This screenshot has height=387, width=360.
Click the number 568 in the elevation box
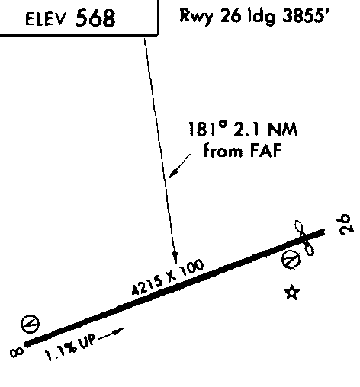[x=95, y=18]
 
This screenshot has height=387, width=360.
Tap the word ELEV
[x=45, y=19]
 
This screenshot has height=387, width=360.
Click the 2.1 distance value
[x=246, y=129]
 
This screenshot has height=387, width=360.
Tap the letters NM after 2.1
[x=282, y=129]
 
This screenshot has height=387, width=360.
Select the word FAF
[x=266, y=150]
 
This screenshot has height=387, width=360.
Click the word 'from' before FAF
[x=223, y=150]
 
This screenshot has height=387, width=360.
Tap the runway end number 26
[x=346, y=225]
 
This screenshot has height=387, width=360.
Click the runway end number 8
[x=17, y=353]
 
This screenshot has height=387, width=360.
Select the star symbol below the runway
[x=291, y=293]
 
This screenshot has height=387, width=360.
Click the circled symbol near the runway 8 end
[x=30, y=324]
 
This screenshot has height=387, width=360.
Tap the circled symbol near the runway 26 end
[x=291, y=259]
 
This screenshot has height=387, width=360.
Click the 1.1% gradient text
[x=61, y=350]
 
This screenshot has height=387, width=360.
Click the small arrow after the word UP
[x=111, y=334]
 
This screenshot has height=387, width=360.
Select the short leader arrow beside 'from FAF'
[x=180, y=165]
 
